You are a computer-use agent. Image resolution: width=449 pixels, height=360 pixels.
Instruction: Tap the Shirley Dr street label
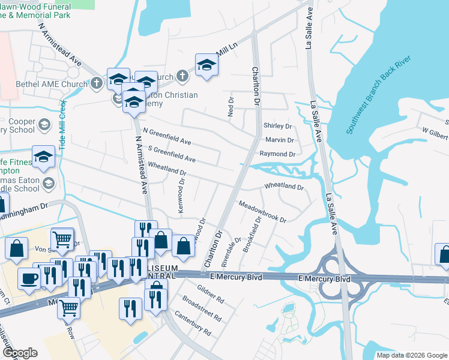click(x=277, y=127)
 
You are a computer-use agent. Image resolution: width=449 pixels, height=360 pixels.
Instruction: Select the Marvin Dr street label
click(x=279, y=140)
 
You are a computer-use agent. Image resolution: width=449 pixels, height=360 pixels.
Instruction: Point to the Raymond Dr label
click(x=277, y=154)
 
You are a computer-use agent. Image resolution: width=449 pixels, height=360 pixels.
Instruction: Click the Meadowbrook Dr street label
click(x=262, y=212)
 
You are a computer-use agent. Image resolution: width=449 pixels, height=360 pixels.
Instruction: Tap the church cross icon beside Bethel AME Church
click(x=98, y=84)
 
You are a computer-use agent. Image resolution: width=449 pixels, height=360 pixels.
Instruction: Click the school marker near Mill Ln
click(x=206, y=65)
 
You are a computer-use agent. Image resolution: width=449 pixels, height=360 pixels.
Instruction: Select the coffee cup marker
click(x=29, y=278)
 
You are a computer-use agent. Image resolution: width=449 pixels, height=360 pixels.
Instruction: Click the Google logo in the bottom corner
click(x=20, y=353)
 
